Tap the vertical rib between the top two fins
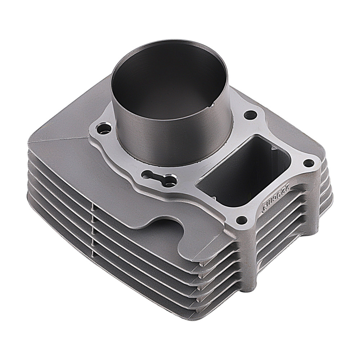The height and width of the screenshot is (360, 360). (x=93, y=209)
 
